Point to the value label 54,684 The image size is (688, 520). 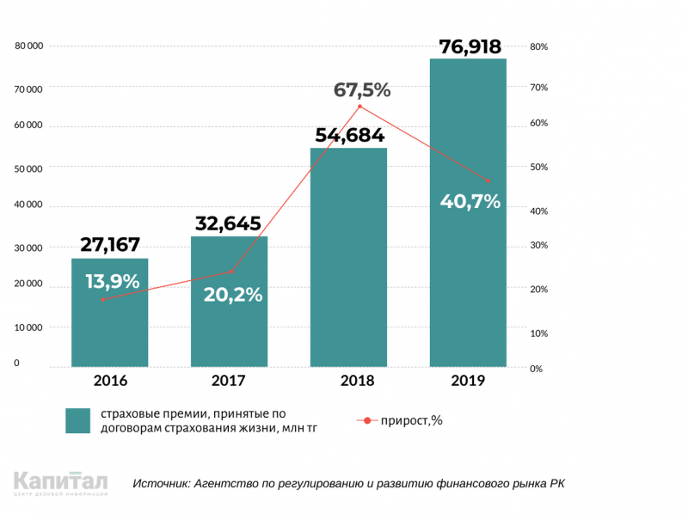point(349,136)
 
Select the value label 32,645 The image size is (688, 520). point(229,224)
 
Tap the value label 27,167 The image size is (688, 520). point(109,244)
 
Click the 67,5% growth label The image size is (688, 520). point(362,89)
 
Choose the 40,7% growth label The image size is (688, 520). point(470,202)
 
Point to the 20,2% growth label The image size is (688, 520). point(233,294)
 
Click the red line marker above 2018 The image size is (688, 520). point(359,107)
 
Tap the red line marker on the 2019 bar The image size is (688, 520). point(488,180)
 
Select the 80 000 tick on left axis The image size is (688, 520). point(29,46)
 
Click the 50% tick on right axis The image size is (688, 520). point(538,167)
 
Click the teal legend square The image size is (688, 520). point(77,420)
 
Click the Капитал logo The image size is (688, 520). point(61,484)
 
